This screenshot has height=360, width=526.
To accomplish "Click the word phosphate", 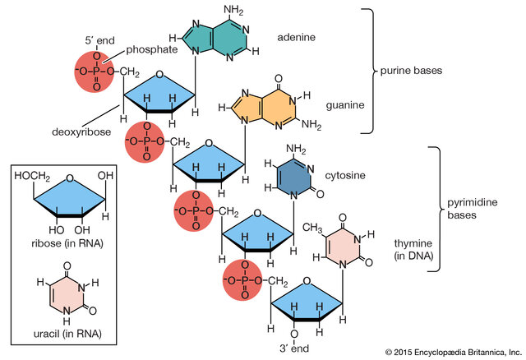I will click(x=152, y=49).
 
